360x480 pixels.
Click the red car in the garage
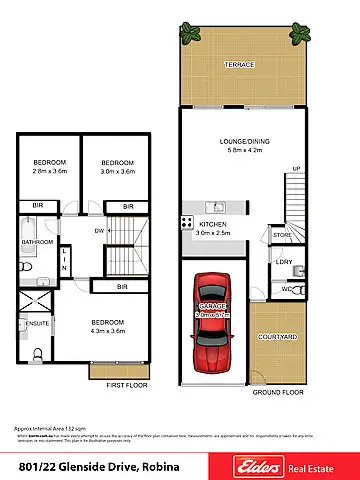(212, 319)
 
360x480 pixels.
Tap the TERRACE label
(240, 64)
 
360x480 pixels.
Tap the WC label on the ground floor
(286, 289)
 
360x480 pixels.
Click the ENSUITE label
(37, 324)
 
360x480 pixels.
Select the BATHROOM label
(38, 241)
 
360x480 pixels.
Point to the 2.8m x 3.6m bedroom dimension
(48, 171)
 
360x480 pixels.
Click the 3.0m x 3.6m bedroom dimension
(116, 171)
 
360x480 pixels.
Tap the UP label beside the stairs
(295, 167)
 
